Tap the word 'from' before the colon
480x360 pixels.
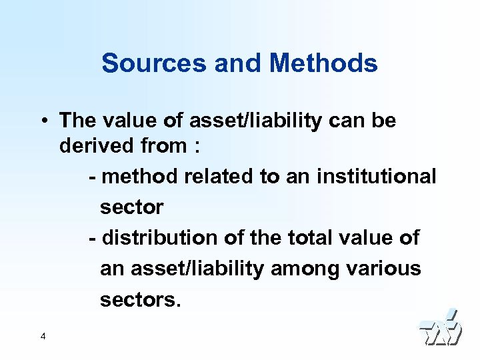pos(167,145)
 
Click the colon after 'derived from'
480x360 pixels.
pos(197,147)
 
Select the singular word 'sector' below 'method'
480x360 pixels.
pos(131,207)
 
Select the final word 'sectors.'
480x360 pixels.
pos(140,299)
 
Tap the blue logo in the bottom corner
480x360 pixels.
pos(439,329)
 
